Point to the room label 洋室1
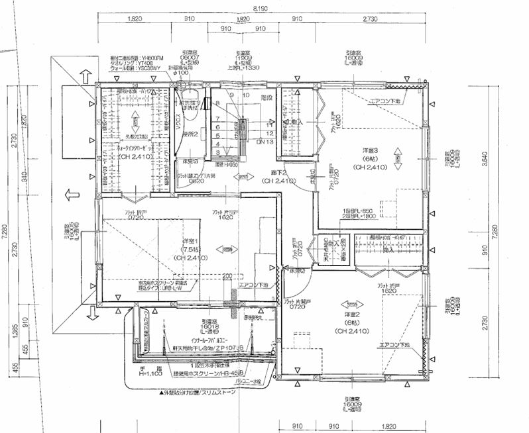(189, 241)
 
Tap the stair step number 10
(247, 95)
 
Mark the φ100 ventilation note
(180, 73)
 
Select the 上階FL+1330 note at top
(245, 67)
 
